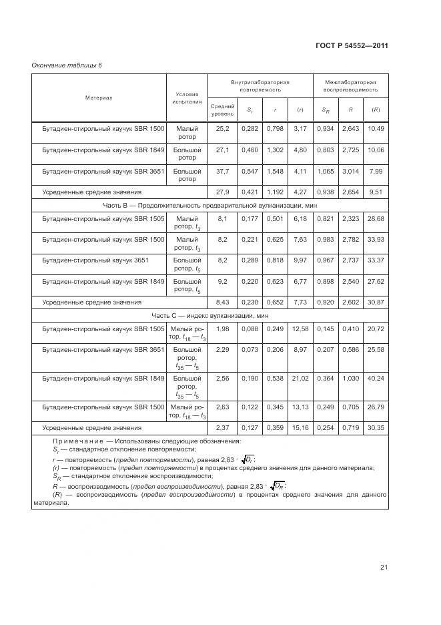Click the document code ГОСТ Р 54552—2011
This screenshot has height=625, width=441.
click(351, 46)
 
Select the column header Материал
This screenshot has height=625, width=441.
click(99, 97)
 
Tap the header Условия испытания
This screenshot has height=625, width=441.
click(187, 97)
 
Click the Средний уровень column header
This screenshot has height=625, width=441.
click(222, 110)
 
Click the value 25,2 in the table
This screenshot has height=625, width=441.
click(222, 128)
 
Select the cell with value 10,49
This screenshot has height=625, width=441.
click(376, 128)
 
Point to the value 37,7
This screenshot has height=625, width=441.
click(222, 170)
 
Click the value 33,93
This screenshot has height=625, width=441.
click(376, 239)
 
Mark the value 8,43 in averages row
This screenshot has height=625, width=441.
click(222, 302)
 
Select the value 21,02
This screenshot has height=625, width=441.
click(300, 378)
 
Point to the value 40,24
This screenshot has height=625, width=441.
click(376, 378)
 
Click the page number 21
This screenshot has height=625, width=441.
click(384, 568)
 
